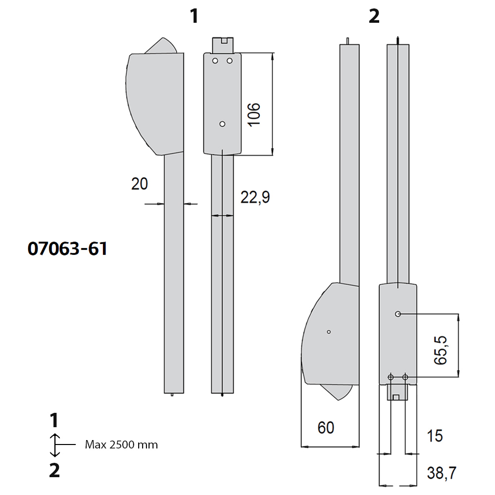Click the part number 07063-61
click(67, 248)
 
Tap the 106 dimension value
click(254, 115)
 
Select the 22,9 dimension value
click(255, 198)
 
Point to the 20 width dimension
click(140, 184)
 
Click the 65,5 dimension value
click(441, 350)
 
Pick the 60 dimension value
click(326, 428)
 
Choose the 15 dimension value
click(435, 436)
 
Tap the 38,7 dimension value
click(442, 473)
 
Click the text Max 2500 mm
click(121, 445)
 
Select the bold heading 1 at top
click(195, 16)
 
